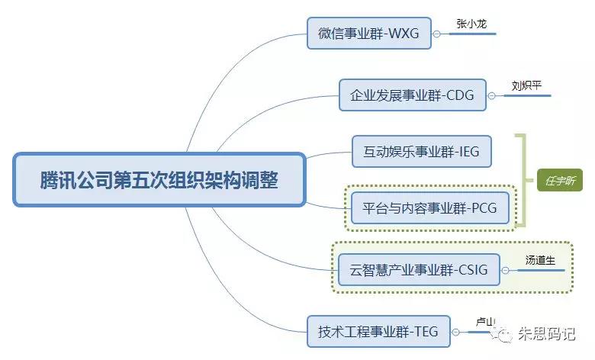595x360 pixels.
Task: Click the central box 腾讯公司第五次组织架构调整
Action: pyautogui.click(x=159, y=180)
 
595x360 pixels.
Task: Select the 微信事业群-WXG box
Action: pyautogui.click(x=369, y=34)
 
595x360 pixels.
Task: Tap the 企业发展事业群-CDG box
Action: pyautogui.click(x=412, y=95)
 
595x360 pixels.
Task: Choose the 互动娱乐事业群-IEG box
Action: pyautogui.click(x=421, y=151)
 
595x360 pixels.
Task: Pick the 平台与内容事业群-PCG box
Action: pyautogui.click(x=430, y=207)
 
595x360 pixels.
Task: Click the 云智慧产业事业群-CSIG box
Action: pyautogui.click(x=418, y=269)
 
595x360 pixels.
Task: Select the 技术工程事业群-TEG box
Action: pyautogui.click(x=378, y=332)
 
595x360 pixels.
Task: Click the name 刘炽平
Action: pyautogui.click(x=526, y=85)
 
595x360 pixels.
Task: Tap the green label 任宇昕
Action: pyautogui.click(x=559, y=180)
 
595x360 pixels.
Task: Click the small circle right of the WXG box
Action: pyautogui.click(x=437, y=34)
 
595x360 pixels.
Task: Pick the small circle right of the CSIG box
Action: pyautogui.click(x=506, y=269)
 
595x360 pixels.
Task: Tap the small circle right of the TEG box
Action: pyautogui.click(x=455, y=332)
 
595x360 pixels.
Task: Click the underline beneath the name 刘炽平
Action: pyautogui.click(x=526, y=95)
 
